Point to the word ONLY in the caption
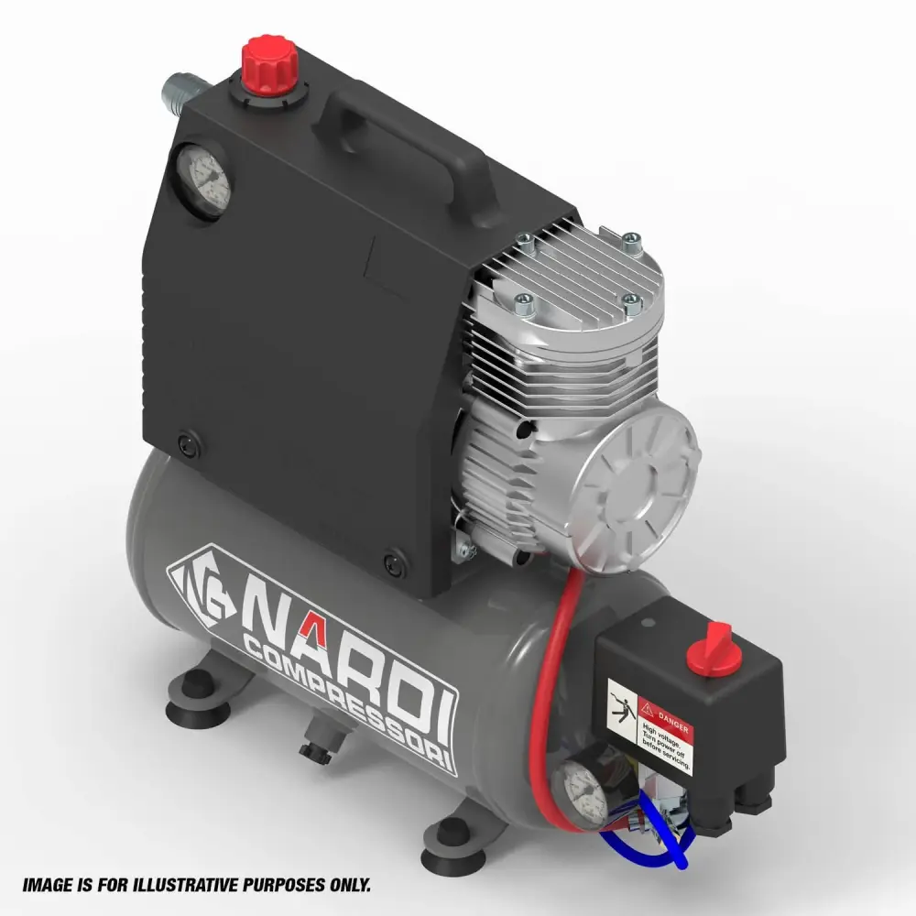tap(347, 886)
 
